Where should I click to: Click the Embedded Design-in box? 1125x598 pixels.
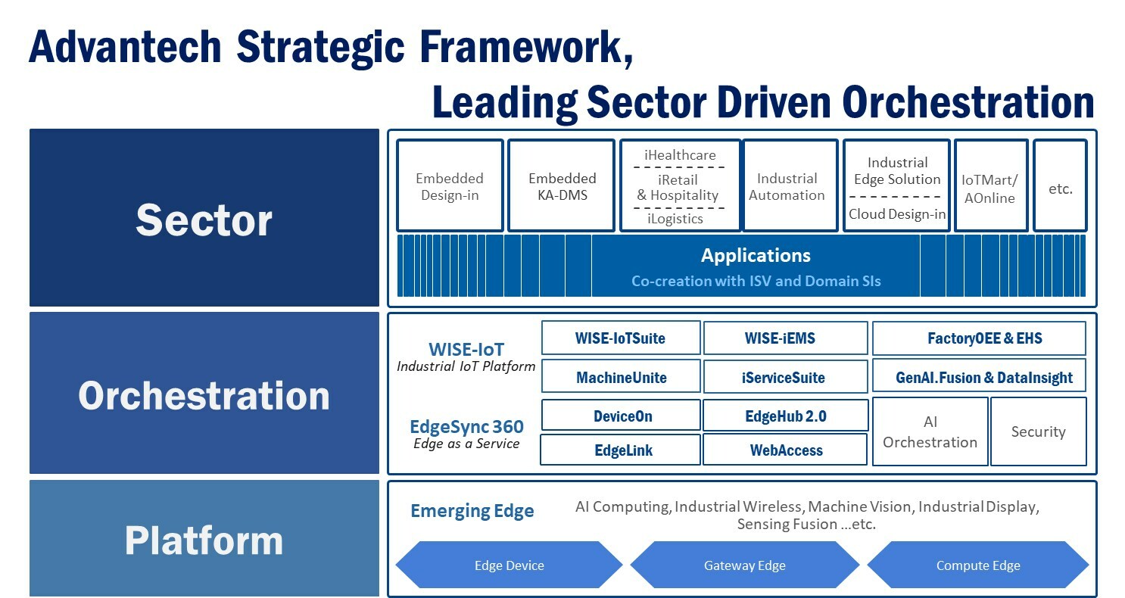tap(450, 185)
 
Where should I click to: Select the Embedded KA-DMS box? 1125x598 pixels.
tap(562, 185)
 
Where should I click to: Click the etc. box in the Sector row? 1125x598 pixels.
tap(1060, 185)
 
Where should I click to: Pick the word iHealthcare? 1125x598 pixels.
tap(680, 155)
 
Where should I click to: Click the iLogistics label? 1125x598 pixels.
tap(675, 219)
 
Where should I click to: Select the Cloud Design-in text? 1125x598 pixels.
tap(897, 214)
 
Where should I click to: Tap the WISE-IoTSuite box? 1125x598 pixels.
tap(621, 338)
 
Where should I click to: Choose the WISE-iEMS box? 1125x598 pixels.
tap(786, 338)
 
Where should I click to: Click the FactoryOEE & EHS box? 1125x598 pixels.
tap(980, 338)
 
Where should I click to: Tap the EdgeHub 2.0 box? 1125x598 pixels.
tap(786, 416)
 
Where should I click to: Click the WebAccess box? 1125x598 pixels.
tap(785, 450)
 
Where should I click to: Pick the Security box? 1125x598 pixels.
tap(1039, 431)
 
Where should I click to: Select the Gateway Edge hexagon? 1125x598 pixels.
tap(745, 565)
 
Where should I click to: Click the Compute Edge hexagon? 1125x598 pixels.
tap(978, 565)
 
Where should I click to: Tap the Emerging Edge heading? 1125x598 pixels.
tap(472, 511)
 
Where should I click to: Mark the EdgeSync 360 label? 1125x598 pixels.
tap(466, 427)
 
